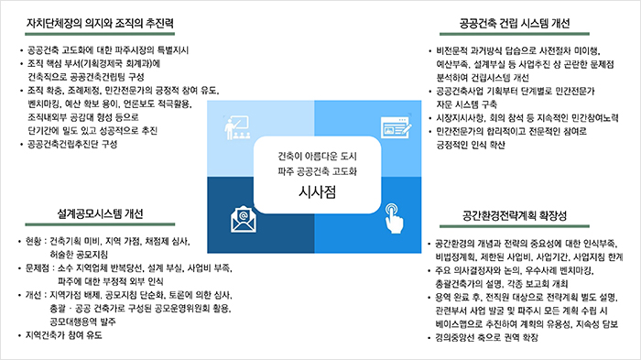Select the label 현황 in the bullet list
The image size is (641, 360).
[37, 241]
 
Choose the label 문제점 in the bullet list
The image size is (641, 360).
[41, 268]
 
